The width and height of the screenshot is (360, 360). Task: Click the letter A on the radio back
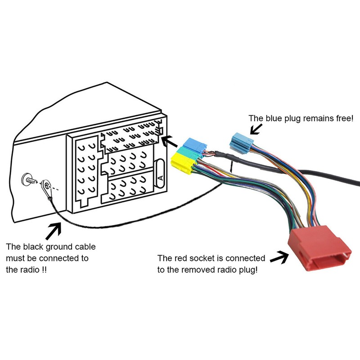click(x=160, y=177)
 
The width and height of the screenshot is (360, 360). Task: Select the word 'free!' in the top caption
click(x=344, y=118)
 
